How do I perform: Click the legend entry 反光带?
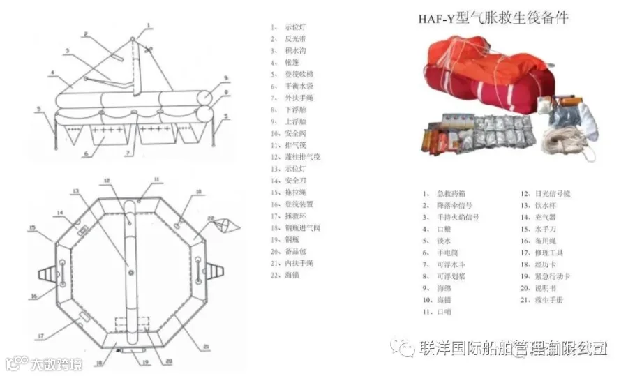tap(295, 38)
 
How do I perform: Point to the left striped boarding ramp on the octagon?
tap(43, 271)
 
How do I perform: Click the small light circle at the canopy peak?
tap(135, 40)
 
